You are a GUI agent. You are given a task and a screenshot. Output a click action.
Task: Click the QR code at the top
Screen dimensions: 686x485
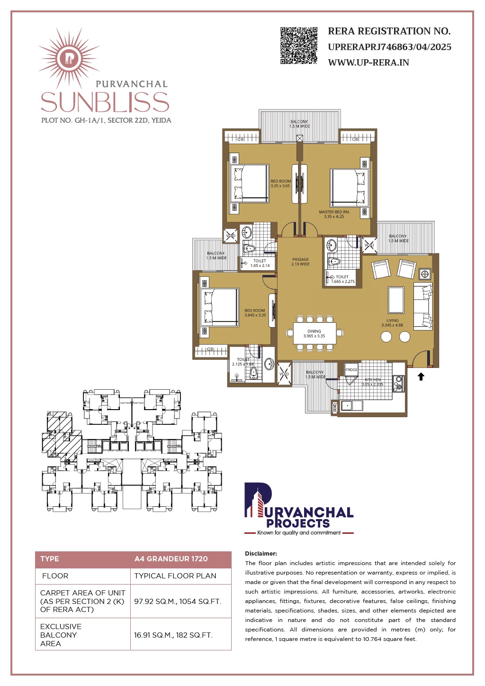(x=299, y=46)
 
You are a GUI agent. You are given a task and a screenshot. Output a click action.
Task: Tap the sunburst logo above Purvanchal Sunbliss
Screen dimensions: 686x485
(x=69, y=58)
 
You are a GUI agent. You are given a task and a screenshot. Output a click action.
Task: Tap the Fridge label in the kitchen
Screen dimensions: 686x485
(x=351, y=370)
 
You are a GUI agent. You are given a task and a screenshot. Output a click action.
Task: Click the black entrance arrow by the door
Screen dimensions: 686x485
(x=421, y=376)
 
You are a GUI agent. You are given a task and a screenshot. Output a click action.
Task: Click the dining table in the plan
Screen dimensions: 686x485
(x=314, y=333)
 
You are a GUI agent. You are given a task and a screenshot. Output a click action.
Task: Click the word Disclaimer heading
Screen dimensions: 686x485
(x=261, y=553)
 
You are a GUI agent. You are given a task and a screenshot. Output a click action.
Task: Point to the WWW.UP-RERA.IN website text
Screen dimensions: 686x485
(x=368, y=63)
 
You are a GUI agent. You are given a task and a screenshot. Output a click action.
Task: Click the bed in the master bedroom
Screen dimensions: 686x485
(x=350, y=188)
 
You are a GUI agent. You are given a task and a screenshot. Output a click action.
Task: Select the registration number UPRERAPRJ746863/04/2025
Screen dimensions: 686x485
(x=389, y=47)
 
